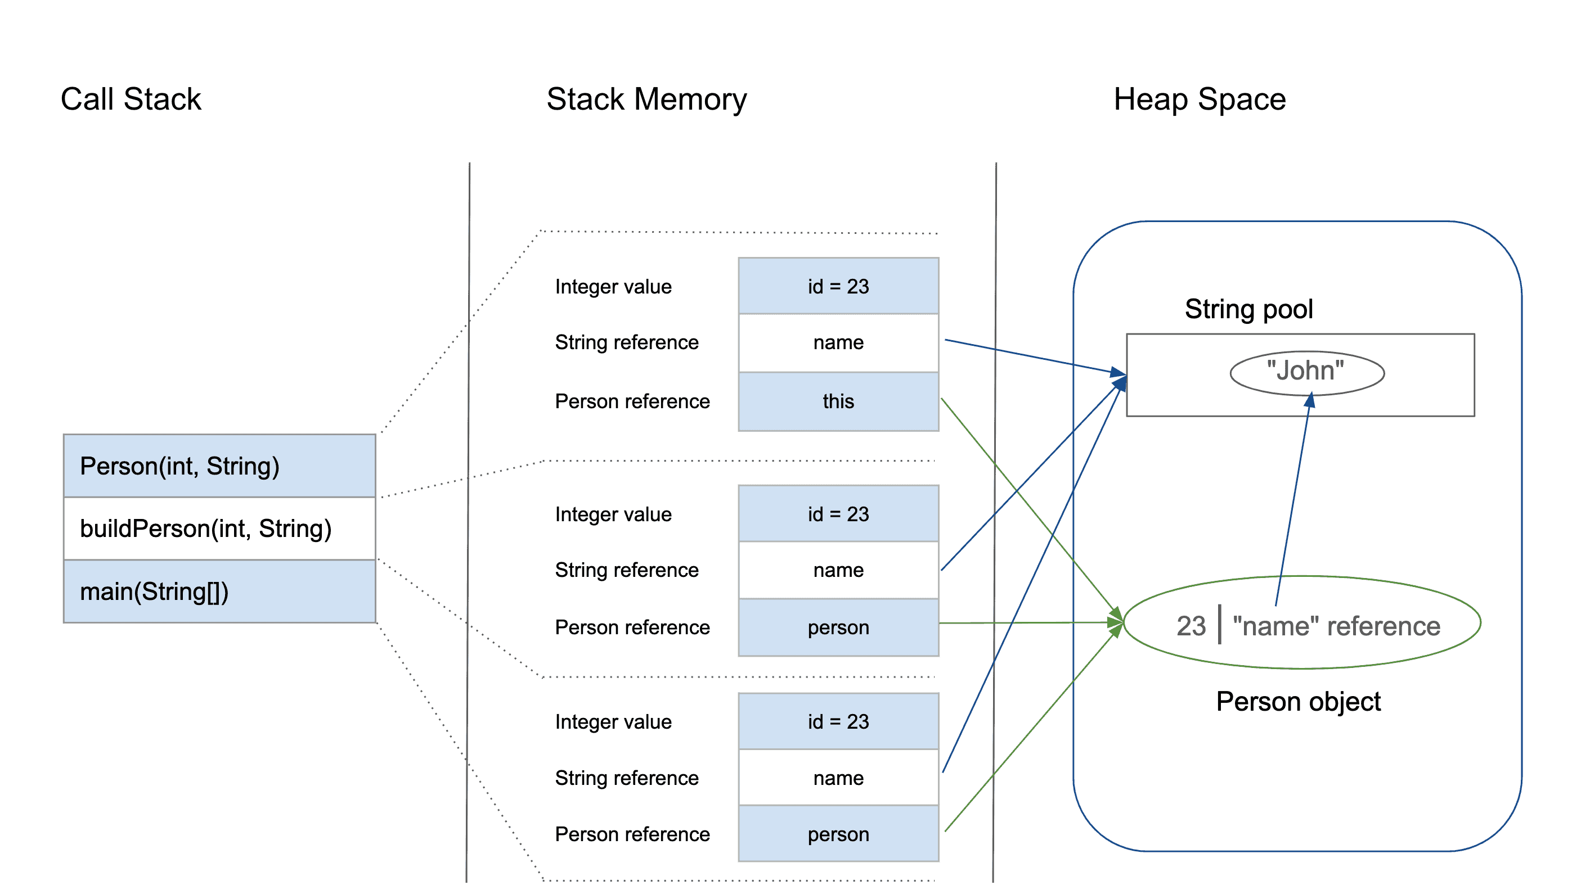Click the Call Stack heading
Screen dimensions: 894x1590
(x=131, y=100)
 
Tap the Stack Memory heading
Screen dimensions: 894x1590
(x=646, y=100)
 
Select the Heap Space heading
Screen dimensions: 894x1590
(x=1200, y=100)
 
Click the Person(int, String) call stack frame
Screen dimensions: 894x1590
(x=219, y=466)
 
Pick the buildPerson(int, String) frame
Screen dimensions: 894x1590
(x=219, y=529)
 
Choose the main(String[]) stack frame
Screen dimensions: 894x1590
(x=219, y=592)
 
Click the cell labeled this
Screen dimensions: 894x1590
(x=838, y=401)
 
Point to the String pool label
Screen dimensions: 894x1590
(x=1248, y=309)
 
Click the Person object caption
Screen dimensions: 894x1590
(x=1297, y=702)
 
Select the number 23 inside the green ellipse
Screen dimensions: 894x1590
(x=1191, y=626)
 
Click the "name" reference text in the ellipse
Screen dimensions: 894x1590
(x=1336, y=626)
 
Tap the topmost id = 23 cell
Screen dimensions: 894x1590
(x=838, y=286)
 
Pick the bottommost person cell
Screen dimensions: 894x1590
(x=838, y=834)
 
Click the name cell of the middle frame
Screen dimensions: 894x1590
(x=838, y=570)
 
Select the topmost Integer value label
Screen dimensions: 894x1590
(x=613, y=287)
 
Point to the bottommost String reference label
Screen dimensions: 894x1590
(x=627, y=778)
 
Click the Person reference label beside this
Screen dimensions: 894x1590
(x=632, y=401)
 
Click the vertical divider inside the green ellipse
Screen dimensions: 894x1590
(x=1220, y=625)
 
